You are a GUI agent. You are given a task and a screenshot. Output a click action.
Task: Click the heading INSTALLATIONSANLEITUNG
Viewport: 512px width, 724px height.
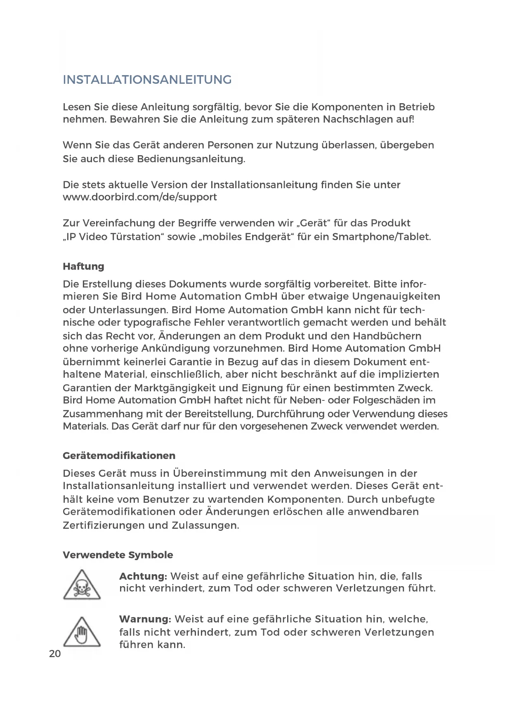click(147, 79)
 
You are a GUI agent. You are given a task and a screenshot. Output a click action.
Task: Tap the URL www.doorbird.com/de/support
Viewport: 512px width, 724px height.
click(140, 197)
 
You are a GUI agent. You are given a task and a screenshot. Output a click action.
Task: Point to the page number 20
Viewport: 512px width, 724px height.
click(55, 653)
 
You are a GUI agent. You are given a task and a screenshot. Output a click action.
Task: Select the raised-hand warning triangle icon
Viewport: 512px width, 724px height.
click(82, 632)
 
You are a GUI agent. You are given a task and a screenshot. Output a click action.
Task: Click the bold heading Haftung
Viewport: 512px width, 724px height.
click(83, 266)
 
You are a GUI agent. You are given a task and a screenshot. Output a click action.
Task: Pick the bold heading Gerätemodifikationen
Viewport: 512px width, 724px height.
click(119, 456)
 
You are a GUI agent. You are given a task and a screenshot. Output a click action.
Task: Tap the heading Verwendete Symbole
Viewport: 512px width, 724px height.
click(118, 555)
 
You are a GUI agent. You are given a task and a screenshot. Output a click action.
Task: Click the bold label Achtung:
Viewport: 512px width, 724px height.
click(143, 576)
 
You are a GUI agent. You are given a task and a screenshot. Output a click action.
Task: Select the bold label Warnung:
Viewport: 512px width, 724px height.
click(145, 619)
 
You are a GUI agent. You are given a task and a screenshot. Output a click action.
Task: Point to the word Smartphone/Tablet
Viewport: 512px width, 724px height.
click(382, 237)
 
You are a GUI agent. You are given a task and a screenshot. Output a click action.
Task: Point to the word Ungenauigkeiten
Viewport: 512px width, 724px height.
click(396, 296)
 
